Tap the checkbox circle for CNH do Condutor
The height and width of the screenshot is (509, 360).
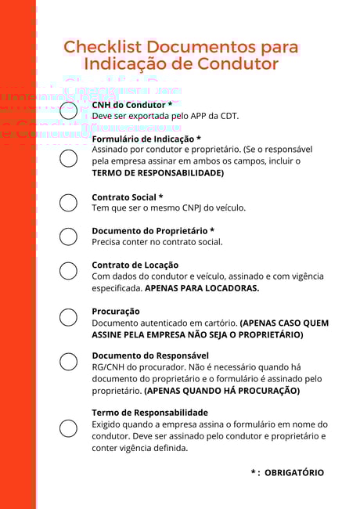tap(68, 110)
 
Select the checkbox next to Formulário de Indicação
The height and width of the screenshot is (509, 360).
tap(68, 159)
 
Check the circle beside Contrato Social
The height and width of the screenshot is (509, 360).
tap(68, 203)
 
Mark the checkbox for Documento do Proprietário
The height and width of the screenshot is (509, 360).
tap(68, 236)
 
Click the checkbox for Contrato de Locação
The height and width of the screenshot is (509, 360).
tap(68, 271)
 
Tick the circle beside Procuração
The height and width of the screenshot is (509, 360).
tap(68, 317)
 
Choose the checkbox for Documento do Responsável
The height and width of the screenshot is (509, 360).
tap(68, 362)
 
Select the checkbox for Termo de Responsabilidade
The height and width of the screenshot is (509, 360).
tap(68, 428)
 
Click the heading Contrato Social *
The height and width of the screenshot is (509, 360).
tap(128, 197)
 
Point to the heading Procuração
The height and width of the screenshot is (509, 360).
tap(116, 311)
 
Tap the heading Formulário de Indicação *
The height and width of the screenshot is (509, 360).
tap(146, 139)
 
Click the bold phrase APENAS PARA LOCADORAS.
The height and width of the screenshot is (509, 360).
tap(202, 288)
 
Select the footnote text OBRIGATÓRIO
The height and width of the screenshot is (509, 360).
tap(294, 473)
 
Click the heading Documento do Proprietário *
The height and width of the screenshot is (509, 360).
tap(153, 231)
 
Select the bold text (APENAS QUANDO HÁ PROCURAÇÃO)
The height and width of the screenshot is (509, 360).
tap(221, 390)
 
